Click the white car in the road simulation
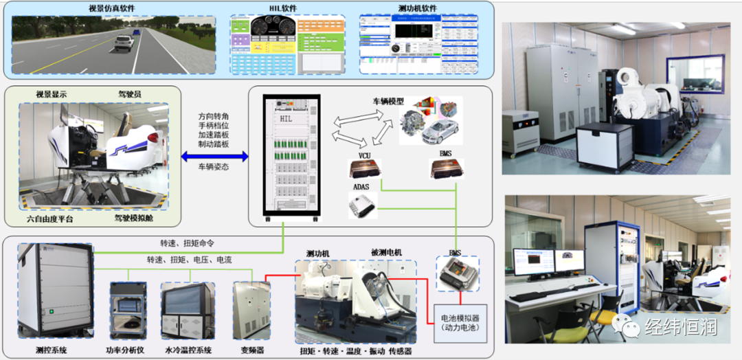124,43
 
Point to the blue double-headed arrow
214,157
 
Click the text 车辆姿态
214,167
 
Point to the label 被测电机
387,253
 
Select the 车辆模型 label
390,101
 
